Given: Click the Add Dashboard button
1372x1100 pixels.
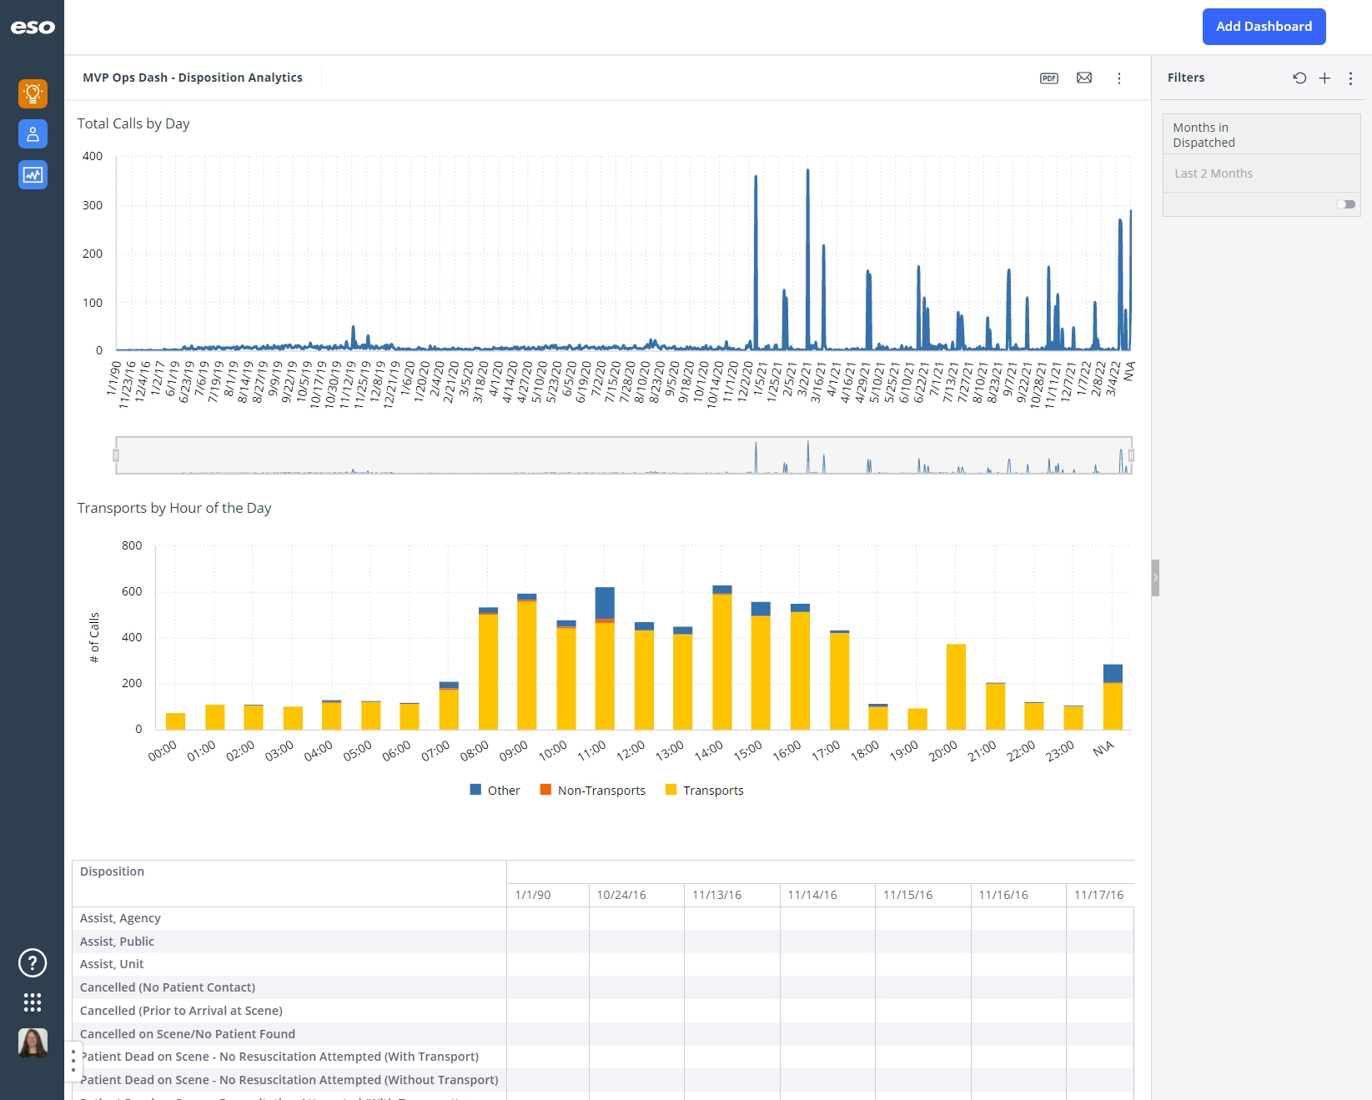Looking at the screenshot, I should coord(1264,27).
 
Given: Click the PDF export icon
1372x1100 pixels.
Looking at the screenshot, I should coord(1049,78).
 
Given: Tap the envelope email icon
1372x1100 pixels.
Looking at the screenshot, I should coord(1084,78).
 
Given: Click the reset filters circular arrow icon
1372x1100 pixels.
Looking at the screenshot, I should coord(1299,78).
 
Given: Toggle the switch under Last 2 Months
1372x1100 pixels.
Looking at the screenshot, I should coord(1345,204).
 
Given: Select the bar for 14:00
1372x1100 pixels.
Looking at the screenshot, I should coord(722,659).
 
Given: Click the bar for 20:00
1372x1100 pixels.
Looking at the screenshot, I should coord(956,687).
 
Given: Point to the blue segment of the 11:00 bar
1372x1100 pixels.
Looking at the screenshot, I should coord(605,602).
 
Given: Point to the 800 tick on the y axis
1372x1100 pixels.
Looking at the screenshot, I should coord(132,545).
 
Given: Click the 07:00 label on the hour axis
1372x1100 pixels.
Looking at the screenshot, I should coord(435,751).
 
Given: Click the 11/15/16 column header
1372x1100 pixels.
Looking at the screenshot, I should coord(907,895).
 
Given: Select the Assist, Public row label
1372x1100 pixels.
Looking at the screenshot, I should coord(117,942).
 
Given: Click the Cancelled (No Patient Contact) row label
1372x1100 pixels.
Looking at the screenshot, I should coord(168,987).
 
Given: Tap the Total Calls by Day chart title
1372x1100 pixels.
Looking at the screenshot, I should coord(133,123).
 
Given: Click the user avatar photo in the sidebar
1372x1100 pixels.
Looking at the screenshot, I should coord(33,1042).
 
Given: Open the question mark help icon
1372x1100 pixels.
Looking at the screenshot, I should coord(33,963).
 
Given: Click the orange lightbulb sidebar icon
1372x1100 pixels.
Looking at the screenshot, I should coord(33,93).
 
